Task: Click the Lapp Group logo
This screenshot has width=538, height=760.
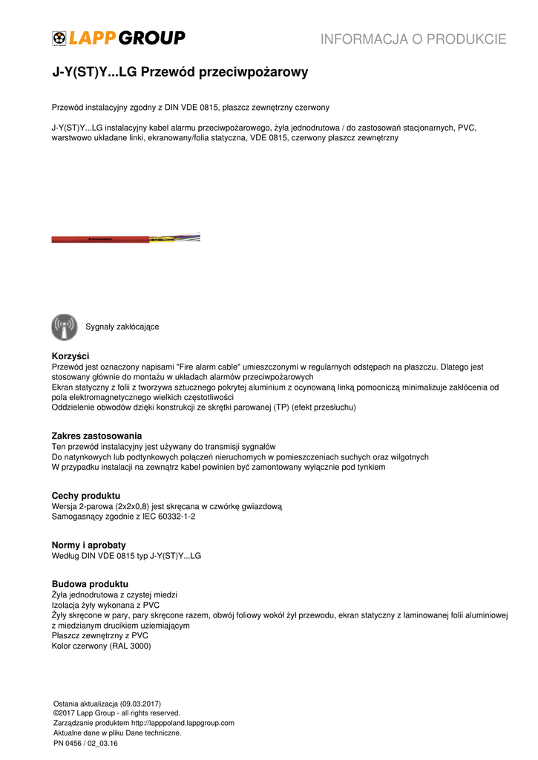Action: tap(118, 38)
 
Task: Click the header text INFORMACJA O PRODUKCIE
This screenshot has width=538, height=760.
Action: tap(413, 39)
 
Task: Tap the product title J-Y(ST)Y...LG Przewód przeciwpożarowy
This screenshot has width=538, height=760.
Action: tap(180, 73)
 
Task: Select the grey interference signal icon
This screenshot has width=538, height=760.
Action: tap(65, 327)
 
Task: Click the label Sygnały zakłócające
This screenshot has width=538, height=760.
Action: tap(122, 327)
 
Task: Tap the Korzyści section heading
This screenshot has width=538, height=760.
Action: tap(70, 356)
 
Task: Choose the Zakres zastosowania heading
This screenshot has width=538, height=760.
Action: tap(96, 436)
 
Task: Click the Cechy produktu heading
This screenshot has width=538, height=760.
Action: tap(85, 496)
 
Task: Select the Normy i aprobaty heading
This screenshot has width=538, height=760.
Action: tap(88, 545)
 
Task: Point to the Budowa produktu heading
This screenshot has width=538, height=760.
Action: tap(90, 584)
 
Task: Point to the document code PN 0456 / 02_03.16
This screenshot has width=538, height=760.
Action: tap(85, 743)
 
